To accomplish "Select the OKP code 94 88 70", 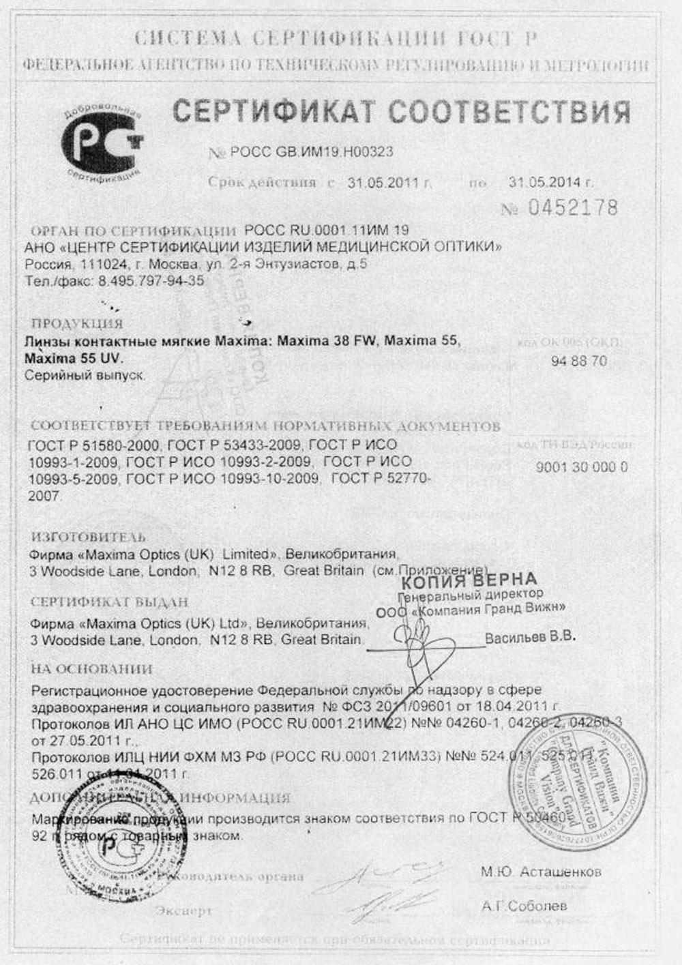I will pyautogui.click(x=579, y=361).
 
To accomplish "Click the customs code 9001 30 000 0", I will pyautogui.click(x=582, y=467).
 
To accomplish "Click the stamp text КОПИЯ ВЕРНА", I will pyautogui.click(x=469, y=581).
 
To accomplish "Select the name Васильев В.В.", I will pyautogui.click(x=530, y=638).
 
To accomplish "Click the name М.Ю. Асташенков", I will pyautogui.click(x=541, y=872).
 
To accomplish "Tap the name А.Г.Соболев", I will pyautogui.click(x=523, y=906).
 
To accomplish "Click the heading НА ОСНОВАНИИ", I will pyautogui.click(x=92, y=669).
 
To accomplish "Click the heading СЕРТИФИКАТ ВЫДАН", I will pyautogui.click(x=110, y=603).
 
